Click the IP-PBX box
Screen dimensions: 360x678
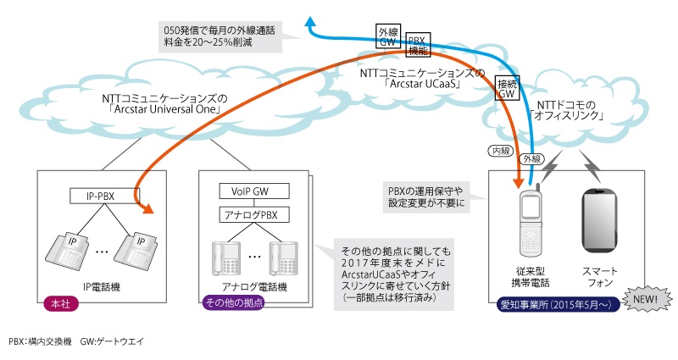click(x=102, y=197)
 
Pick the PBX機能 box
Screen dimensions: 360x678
click(x=418, y=44)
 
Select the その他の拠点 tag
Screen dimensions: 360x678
click(x=230, y=302)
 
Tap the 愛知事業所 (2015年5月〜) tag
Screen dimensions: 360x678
click(x=553, y=302)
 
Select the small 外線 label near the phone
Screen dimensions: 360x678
click(x=531, y=158)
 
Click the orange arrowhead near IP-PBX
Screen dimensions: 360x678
click(x=150, y=211)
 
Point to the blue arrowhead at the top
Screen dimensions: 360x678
click(x=313, y=26)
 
